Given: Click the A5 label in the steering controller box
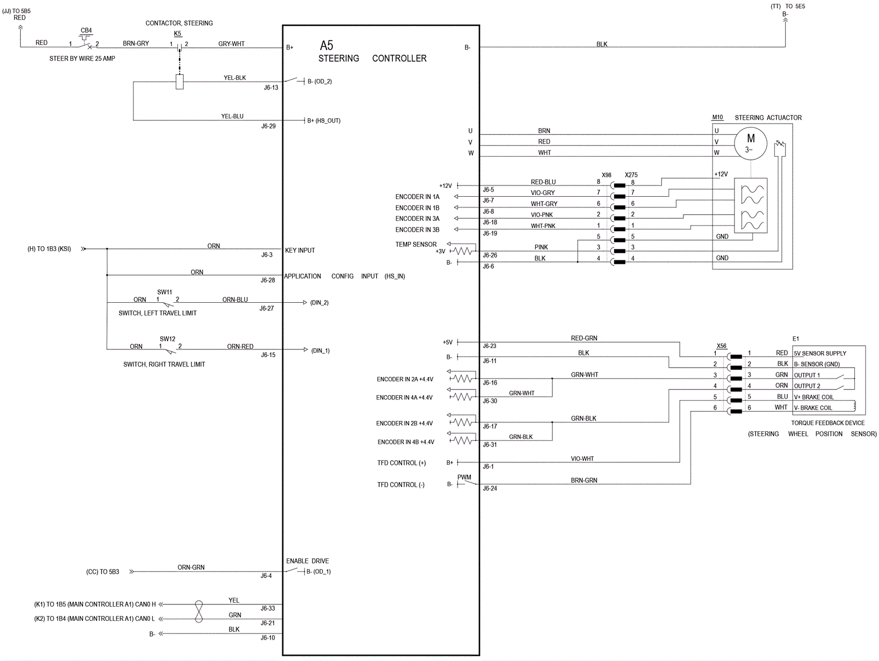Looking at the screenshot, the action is coord(326,45).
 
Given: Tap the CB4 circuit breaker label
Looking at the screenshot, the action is coord(86,30).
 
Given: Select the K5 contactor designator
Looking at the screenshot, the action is coord(177,34).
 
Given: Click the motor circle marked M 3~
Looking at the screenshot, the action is coord(750,144).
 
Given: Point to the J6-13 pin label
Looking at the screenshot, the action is coord(271,88).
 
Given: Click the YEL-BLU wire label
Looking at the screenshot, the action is coord(232,116).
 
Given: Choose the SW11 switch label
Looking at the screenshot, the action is coord(165,292).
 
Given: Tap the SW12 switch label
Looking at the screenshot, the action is coord(168,338).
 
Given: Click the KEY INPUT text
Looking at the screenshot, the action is coord(300,250).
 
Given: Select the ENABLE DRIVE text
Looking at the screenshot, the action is coord(308,561).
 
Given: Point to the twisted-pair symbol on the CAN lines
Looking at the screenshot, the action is coord(199,612).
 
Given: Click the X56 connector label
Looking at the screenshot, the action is coord(722,346).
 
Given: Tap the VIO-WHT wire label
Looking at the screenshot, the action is coord(582,458).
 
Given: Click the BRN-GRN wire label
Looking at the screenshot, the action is coord(584,480).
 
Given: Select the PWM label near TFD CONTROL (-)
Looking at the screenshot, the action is coord(464,477).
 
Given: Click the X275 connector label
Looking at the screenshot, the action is coord(631,175).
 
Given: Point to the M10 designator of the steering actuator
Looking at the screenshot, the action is coord(717,117).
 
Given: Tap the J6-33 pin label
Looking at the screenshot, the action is coord(268,608).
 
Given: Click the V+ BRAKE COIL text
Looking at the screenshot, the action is coord(814,397).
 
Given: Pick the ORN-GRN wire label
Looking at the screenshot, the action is coord(191,567).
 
